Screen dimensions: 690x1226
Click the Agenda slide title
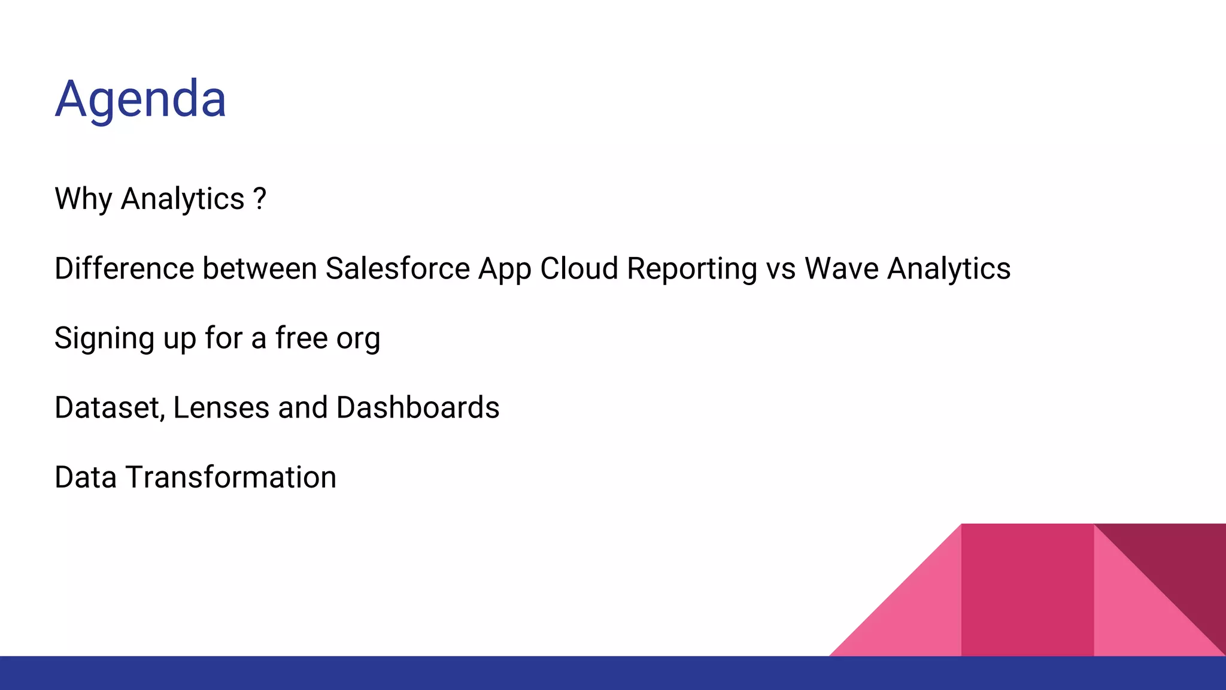tap(141, 99)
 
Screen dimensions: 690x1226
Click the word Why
tap(83, 199)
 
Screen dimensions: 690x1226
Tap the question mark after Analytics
tap(260, 198)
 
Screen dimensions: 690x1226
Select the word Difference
tap(124, 268)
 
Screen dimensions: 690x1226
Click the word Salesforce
tap(397, 268)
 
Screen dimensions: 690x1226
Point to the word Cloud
tap(579, 268)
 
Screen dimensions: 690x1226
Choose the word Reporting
tap(692, 268)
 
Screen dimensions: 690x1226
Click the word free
tap(302, 338)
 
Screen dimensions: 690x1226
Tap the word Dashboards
tap(417, 408)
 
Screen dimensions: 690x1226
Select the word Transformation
tap(231, 477)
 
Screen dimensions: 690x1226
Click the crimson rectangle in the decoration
tap(1027, 590)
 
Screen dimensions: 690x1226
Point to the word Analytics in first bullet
tap(183, 199)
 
